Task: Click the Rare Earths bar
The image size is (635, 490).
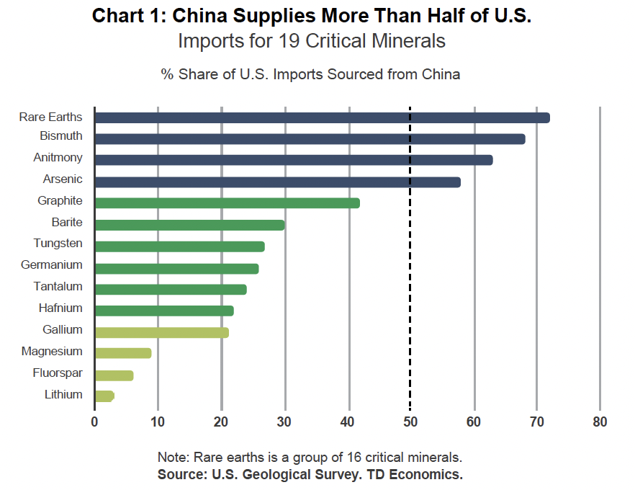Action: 322,117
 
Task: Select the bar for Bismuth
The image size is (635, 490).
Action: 310,139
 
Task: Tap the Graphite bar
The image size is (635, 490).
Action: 227,203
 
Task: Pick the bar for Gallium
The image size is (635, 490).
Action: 161,332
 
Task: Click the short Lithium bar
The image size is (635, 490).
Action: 104,396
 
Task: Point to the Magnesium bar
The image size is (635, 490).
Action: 122,353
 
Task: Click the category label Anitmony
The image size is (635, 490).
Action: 58,158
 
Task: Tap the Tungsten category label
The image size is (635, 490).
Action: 58,244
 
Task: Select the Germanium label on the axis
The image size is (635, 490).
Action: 52,265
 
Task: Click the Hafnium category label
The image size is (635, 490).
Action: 60,308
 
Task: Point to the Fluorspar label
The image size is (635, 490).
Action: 58,373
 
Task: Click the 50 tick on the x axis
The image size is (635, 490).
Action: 410,422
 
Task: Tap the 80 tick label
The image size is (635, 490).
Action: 600,422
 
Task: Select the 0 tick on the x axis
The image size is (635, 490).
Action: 94,422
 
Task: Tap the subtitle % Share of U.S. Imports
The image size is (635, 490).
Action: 310,74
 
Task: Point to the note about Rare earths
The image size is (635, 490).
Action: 309,458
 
